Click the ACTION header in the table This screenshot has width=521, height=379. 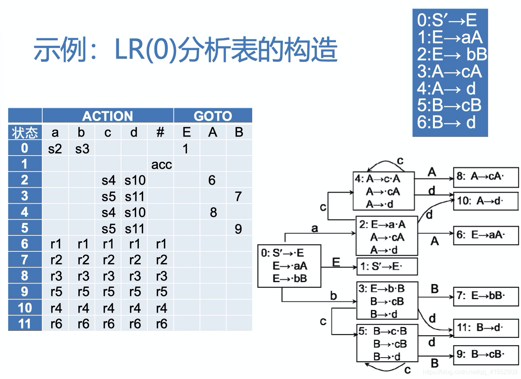[x=107, y=116]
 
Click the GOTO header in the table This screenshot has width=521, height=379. [x=213, y=116]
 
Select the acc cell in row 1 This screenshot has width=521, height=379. [x=161, y=164]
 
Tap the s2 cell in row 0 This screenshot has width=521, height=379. [x=55, y=149]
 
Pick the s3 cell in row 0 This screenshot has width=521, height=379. [x=82, y=149]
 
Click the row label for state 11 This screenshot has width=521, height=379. [x=25, y=324]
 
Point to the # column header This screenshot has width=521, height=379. [x=161, y=133]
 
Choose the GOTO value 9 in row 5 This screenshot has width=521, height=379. [x=239, y=228]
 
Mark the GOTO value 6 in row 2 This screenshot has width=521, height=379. [x=212, y=180]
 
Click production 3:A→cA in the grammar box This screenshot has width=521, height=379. [x=449, y=71]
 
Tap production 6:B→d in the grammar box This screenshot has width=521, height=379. [x=446, y=122]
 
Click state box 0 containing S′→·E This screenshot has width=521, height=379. [x=289, y=266]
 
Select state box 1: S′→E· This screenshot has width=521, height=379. [x=387, y=267]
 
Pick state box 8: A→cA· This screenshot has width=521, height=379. [x=485, y=177]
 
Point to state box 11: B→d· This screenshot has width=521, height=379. [x=485, y=328]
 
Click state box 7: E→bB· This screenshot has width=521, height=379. [x=485, y=296]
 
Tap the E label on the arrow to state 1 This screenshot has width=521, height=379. [x=336, y=262]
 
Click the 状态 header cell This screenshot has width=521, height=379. [x=25, y=133]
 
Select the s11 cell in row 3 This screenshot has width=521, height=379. [x=135, y=197]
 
